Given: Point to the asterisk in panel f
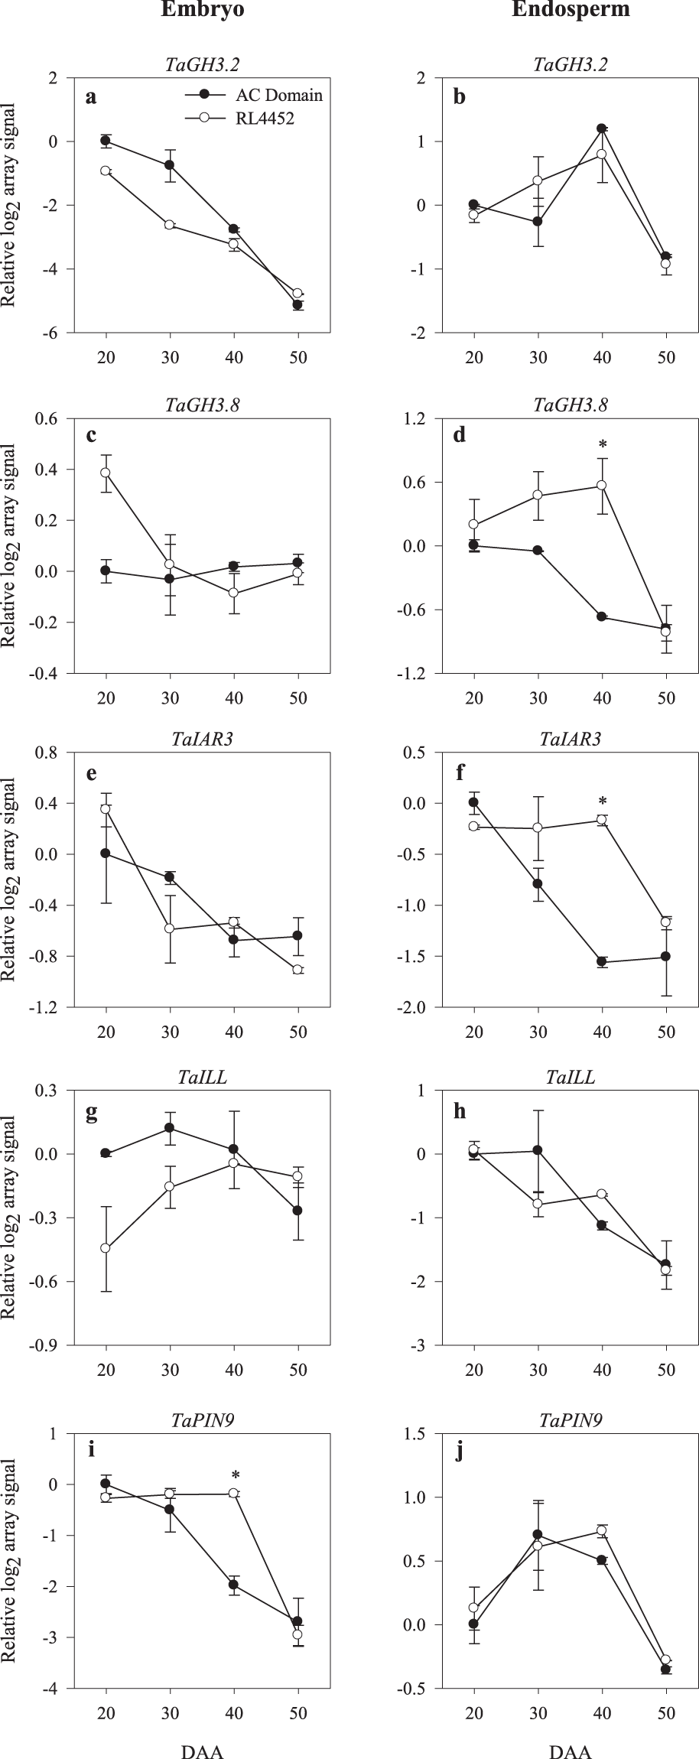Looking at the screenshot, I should click(x=603, y=802).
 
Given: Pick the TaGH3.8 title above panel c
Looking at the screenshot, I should click(x=202, y=405).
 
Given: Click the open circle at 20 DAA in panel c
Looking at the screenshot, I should click(x=106, y=473).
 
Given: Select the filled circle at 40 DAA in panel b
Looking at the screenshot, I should click(x=602, y=128).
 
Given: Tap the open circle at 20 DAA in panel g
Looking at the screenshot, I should click(x=106, y=1248).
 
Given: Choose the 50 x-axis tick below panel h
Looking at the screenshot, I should click(x=665, y=1370).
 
